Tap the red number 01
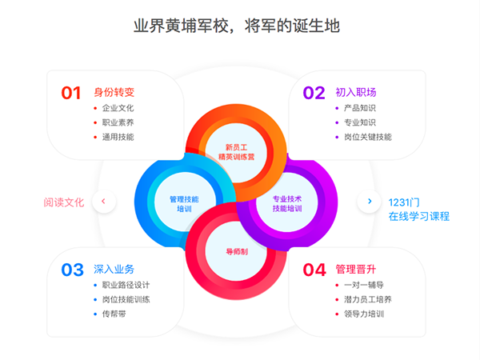pyautogui.click(x=72, y=93)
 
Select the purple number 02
pyautogui.click(x=314, y=93)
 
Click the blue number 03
pyautogui.click(x=72, y=270)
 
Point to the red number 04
pyautogui.click(x=314, y=270)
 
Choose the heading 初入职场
pyautogui.click(x=356, y=92)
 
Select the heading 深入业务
pyautogui.click(x=114, y=269)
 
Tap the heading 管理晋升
pyautogui.click(x=355, y=269)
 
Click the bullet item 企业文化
pyautogui.click(x=118, y=108)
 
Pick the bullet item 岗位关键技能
pyautogui.click(x=367, y=137)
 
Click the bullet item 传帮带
pyautogui.click(x=114, y=314)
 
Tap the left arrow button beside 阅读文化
pyautogui.click(x=103, y=201)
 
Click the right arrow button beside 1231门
pyautogui.click(x=369, y=201)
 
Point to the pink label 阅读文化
pyautogui.click(x=64, y=202)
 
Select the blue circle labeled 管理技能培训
pyautogui.click(x=184, y=203)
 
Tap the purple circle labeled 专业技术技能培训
pyautogui.click(x=287, y=203)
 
